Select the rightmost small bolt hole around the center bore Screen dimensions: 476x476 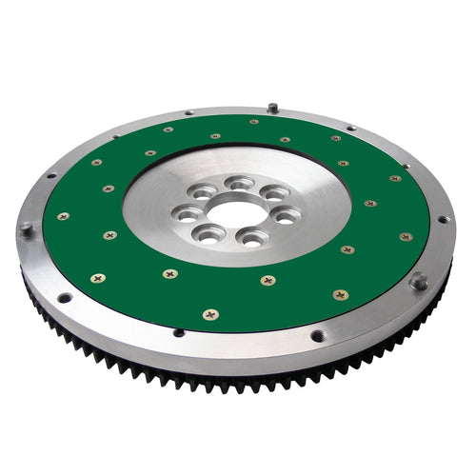(x=285, y=216)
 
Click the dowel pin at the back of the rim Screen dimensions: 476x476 (x=273, y=107)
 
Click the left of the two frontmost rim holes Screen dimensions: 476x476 (x=178, y=332)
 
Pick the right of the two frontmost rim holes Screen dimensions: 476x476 (x=317, y=335)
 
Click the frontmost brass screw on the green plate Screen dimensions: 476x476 (x=210, y=313)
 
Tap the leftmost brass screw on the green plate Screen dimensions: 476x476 (x=63, y=216)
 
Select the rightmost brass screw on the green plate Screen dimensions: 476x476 (x=407, y=236)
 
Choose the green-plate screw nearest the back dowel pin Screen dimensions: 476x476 (x=253, y=122)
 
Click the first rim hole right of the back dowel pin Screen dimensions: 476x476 (x=351, y=128)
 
